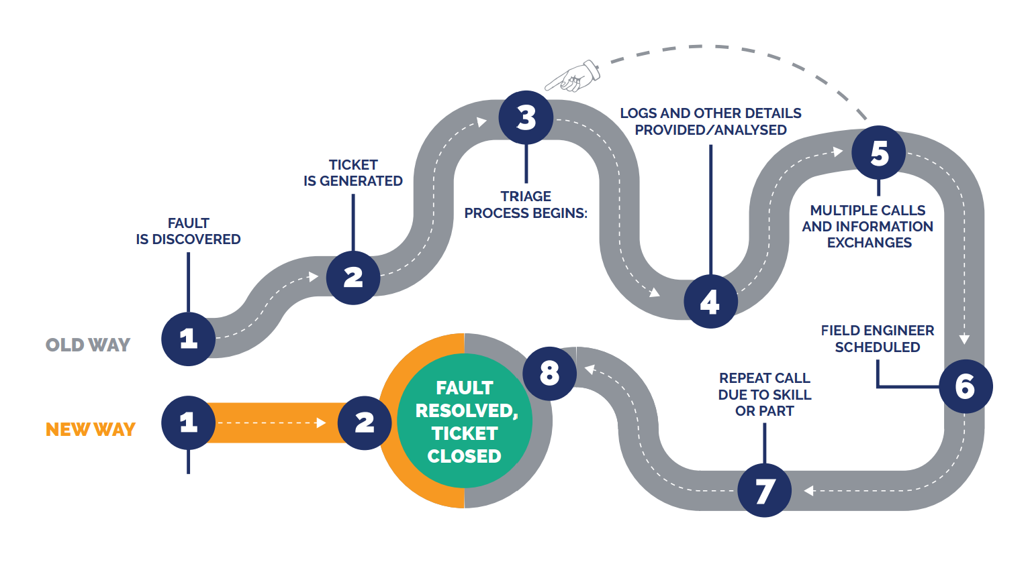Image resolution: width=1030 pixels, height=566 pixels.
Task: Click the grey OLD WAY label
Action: pyautogui.click(x=88, y=345)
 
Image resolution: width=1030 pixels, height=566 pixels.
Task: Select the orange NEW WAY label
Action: pyautogui.click(x=91, y=429)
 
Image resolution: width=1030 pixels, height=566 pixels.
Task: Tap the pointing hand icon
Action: pyautogui.click(x=573, y=76)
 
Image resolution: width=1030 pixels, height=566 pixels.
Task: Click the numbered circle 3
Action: pyautogui.click(x=526, y=117)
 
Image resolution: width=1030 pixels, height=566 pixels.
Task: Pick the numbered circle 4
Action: pyautogui.click(x=710, y=302)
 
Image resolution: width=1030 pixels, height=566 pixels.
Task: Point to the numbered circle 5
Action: pyautogui.click(x=878, y=153)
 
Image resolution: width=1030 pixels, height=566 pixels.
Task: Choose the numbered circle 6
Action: pyautogui.click(x=965, y=386)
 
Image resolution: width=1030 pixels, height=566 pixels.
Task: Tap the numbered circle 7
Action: pyautogui.click(x=764, y=490)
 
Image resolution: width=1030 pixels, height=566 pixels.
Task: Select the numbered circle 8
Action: pyautogui.click(x=549, y=374)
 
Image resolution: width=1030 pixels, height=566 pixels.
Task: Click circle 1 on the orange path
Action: pyautogui.click(x=188, y=422)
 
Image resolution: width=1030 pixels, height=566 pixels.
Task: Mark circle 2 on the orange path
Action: pyautogui.click(x=364, y=422)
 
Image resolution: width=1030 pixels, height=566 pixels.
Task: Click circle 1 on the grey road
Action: pyautogui.click(x=188, y=339)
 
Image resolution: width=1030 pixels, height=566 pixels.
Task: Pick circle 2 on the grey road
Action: pyautogui.click(x=353, y=278)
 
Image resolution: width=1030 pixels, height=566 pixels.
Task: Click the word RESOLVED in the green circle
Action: pyautogui.click(x=465, y=410)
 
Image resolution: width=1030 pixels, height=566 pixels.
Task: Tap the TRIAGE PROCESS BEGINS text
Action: pyautogui.click(x=526, y=205)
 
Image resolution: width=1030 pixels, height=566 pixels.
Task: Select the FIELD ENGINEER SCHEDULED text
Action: pyautogui.click(x=877, y=339)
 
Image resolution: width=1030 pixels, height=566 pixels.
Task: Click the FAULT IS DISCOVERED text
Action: pyautogui.click(x=188, y=231)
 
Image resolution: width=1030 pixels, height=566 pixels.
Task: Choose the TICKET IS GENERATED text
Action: pyautogui.click(x=353, y=173)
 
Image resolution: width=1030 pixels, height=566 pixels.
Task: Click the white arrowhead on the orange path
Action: pyautogui.click(x=321, y=422)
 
